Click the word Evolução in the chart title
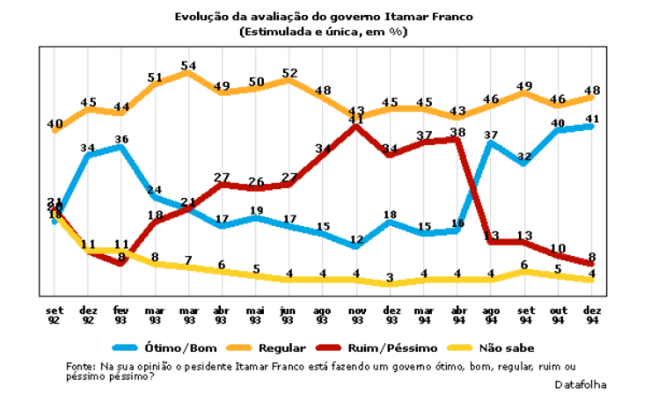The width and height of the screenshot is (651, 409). coord(199,17)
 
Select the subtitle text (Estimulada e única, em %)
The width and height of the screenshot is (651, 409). coord(323,31)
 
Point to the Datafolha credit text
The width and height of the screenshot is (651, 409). coord(580,384)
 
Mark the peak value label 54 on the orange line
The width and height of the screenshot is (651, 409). coord(187,65)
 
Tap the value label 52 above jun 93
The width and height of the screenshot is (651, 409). coord(289,73)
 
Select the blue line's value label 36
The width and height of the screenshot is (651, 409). coord(121,139)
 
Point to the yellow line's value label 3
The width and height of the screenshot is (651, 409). coord(390,278)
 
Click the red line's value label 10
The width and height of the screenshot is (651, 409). coord(558,248)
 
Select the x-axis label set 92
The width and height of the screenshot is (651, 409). coord(54,315)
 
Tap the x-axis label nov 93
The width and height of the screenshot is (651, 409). coord(355,315)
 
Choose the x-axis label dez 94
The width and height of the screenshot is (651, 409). coord(591,315)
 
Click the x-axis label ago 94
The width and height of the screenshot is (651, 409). coord(490,315)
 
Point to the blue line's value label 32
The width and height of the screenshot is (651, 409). coord(524,158)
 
